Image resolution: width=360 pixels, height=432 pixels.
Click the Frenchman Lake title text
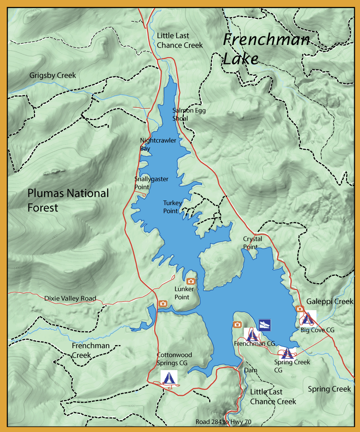(266, 49)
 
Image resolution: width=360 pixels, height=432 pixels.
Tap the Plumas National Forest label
(68, 200)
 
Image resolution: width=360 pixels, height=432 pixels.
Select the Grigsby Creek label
(53, 75)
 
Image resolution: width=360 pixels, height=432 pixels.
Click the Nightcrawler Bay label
(158, 144)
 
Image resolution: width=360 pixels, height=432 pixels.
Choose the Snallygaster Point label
(151, 183)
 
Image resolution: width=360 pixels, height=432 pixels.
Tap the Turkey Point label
(173, 207)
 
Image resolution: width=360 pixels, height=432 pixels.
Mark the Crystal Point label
(252, 242)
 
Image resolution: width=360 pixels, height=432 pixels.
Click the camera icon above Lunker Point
(191, 281)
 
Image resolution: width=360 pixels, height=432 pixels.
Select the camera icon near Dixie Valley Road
(163, 304)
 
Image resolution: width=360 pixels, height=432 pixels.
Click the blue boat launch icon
(265, 325)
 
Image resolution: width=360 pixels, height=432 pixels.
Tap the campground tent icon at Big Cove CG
(309, 318)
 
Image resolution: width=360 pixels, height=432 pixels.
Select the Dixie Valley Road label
(70, 298)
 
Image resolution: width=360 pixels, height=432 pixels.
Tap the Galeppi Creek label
(330, 301)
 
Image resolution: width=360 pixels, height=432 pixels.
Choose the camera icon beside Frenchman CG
(237, 325)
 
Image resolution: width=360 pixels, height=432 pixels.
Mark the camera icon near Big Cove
(299, 309)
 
